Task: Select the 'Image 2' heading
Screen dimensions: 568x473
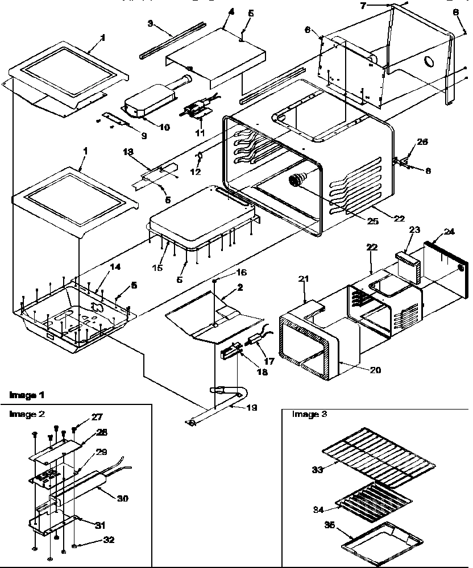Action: click(23, 414)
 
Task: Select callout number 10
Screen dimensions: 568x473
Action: click(164, 127)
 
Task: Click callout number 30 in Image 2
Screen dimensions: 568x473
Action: click(122, 498)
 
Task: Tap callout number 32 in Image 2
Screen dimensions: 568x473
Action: click(107, 540)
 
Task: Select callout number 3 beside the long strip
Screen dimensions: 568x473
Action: click(151, 24)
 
